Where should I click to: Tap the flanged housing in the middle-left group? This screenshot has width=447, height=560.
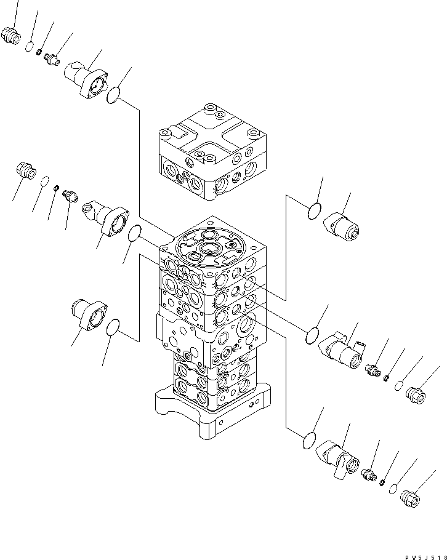(x=109, y=218)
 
